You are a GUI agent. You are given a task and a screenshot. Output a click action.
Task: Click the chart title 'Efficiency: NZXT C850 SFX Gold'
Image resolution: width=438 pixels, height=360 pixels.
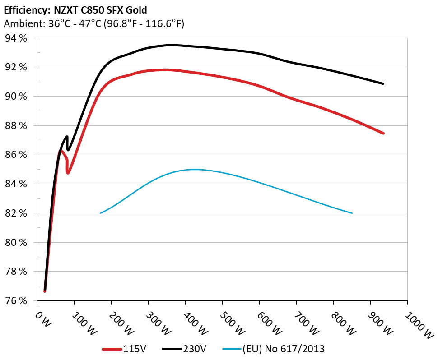(x=75, y=9)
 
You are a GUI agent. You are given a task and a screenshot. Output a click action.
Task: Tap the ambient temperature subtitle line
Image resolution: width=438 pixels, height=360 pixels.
(x=93, y=23)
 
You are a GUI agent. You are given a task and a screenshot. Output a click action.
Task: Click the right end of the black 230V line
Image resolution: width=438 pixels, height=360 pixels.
(x=383, y=84)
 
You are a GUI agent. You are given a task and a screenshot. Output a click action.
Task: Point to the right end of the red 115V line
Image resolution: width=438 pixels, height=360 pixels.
(x=383, y=134)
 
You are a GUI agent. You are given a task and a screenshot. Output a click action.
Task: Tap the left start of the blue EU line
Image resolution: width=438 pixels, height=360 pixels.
(x=100, y=213)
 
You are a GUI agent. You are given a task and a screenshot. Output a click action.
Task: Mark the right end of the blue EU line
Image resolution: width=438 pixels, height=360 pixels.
(x=352, y=213)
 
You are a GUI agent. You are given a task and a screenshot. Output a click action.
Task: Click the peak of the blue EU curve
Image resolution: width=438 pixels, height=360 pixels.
(x=194, y=170)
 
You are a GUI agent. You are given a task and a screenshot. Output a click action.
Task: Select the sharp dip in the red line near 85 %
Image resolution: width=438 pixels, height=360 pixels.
(x=68, y=173)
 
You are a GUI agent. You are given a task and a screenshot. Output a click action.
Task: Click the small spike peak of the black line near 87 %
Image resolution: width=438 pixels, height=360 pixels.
(x=67, y=136)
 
